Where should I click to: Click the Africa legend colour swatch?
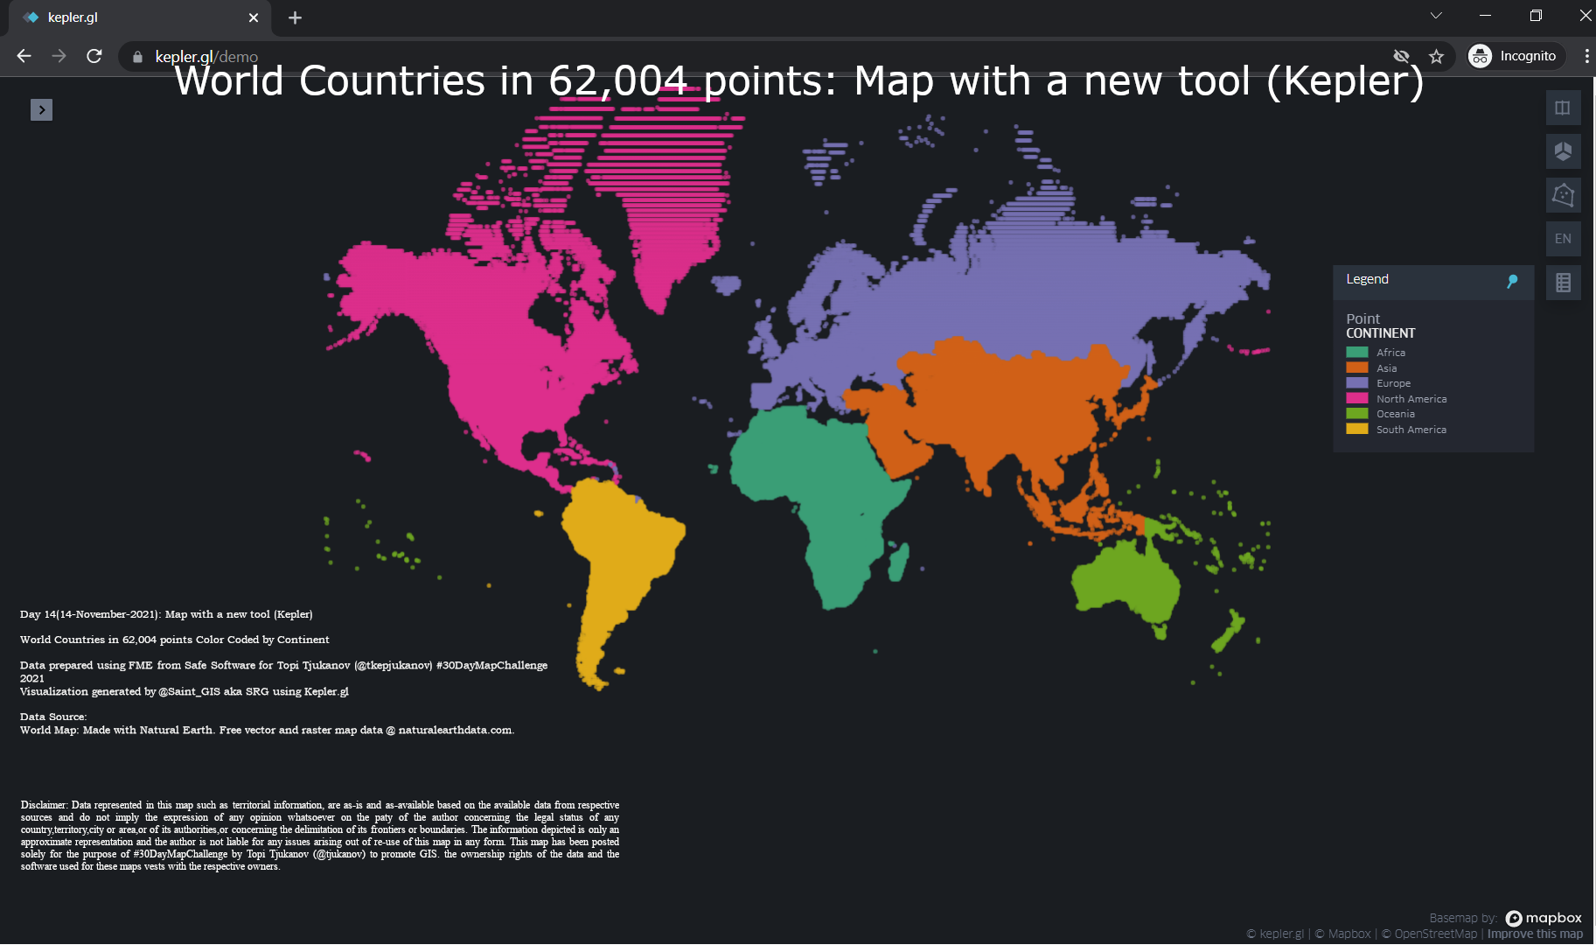[x=1356, y=353]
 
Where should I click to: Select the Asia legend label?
[x=1386, y=368]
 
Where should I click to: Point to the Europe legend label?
[x=1393, y=383]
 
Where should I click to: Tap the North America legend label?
[x=1411, y=399]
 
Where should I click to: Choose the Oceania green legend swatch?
[x=1356, y=414]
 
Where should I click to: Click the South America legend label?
[x=1411, y=430]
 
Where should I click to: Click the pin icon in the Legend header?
[x=1512, y=281]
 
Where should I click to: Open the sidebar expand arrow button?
[x=41, y=109]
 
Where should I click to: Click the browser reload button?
[x=94, y=56]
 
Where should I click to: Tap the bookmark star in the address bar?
[x=1436, y=56]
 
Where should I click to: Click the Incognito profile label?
[x=1527, y=56]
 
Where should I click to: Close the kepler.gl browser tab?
[x=254, y=17]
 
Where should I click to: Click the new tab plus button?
[x=295, y=17]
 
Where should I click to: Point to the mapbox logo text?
[x=1552, y=918]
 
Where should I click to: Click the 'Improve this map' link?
[x=1535, y=934]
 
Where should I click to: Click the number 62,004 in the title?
[x=617, y=81]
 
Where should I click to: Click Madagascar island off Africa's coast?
[x=899, y=562]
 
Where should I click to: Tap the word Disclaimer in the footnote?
[x=44, y=805]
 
